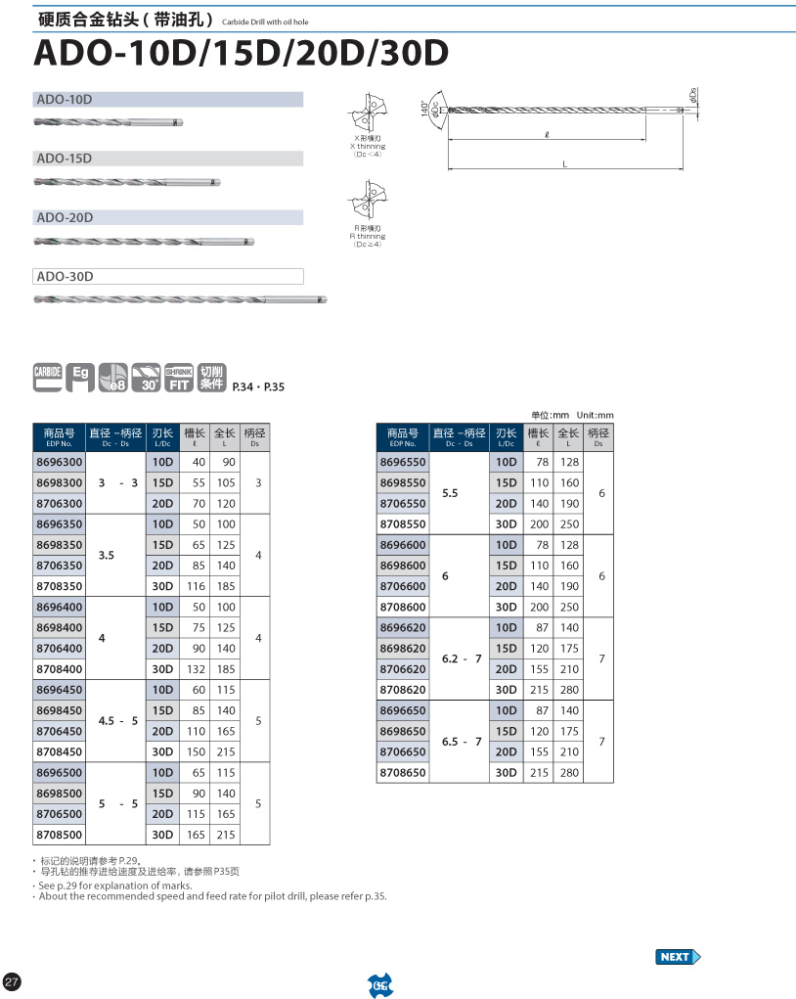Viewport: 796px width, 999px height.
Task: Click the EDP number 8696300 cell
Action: (x=59, y=462)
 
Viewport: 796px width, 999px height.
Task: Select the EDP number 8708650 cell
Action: (x=402, y=773)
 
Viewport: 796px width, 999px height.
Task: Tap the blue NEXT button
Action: (x=678, y=956)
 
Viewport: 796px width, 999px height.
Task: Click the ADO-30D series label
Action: (x=65, y=277)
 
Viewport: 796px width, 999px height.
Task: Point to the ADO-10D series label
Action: (x=65, y=100)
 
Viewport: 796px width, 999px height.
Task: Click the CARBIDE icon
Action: (x=48, y=377)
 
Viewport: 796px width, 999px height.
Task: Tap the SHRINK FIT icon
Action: (x=179, y=378)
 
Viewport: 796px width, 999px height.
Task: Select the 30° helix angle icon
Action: (x=147, y=378)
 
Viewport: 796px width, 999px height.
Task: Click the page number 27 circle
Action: (x=13, y=981)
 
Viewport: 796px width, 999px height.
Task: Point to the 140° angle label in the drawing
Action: (x=425, y=108)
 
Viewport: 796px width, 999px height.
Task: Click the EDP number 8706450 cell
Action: (x=59, y=731)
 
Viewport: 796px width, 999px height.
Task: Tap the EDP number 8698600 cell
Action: (x=402, y=566)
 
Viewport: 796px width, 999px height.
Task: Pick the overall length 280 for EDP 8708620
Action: (x=569, y=690)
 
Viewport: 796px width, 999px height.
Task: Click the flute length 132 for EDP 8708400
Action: (x=198, y=669)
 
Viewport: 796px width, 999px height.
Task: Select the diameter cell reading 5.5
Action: (x=450, y=494)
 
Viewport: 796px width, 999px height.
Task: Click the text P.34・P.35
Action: (x=258, y=387)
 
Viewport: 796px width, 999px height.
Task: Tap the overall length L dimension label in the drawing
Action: (x=564, y=164)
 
